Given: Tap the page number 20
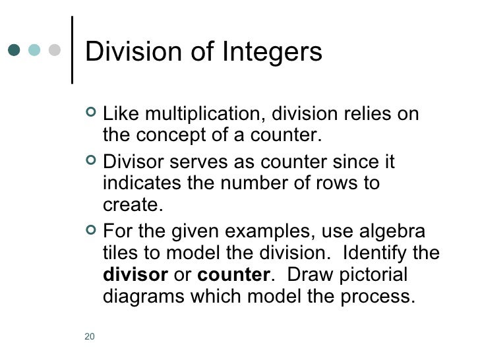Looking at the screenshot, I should tap(90, 337).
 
